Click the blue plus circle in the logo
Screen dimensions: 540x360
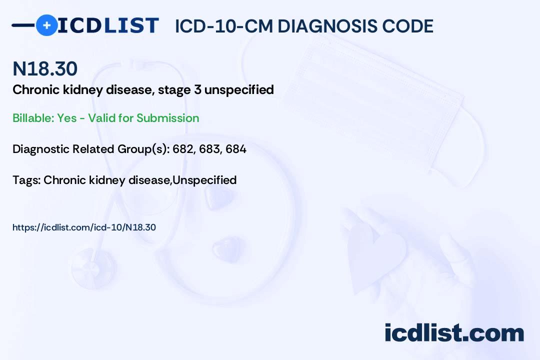point(46,25)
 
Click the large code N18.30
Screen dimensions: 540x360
point(45,68)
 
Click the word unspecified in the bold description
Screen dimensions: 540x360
point(239,90)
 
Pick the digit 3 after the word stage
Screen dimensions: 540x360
point(197,89)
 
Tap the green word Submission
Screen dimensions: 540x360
point(167,118)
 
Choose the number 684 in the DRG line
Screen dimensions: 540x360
point(236,149)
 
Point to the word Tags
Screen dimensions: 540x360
point(26,180)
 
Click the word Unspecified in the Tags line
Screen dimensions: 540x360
point(204,180)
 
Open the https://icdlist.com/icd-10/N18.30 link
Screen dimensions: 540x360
point(84,227)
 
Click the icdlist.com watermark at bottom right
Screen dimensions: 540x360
point(454,333)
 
